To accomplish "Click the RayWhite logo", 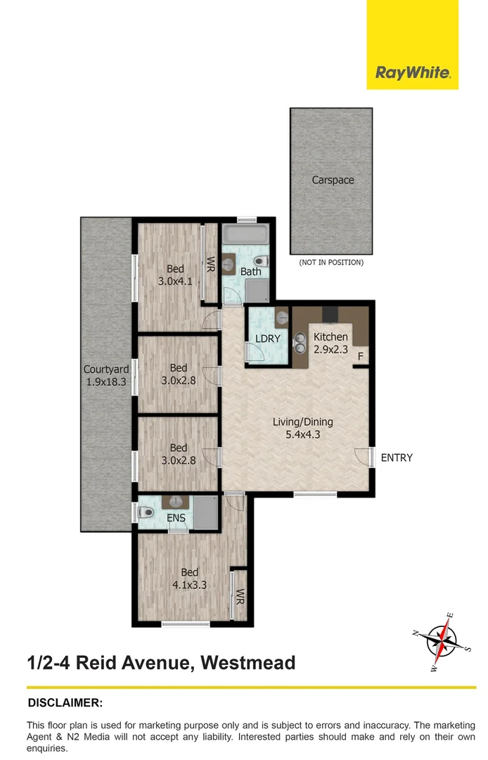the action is [413, 73].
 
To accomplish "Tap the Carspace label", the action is [333, 180].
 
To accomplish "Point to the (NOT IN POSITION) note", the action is [331, 262].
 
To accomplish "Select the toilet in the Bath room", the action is [261, 260].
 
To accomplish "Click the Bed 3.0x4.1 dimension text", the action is [175, 281].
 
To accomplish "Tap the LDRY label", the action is [268, 338].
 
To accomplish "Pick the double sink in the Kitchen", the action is [300, 343].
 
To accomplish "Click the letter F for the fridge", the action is [360, 357].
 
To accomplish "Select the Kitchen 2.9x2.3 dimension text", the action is [330, 349].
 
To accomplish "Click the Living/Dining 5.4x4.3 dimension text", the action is [303, 434].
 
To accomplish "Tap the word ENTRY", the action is [397, 457].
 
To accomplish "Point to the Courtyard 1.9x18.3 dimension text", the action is [106, 381].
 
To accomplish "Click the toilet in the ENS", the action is [146, 512].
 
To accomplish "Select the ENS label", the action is [176, 518].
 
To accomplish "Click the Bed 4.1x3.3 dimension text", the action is [189, 585].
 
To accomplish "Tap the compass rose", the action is [442, 641].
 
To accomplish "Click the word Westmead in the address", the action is [248, 662].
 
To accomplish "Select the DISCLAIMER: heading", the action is [65, 702].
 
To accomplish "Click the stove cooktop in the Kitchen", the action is [331, 315].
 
